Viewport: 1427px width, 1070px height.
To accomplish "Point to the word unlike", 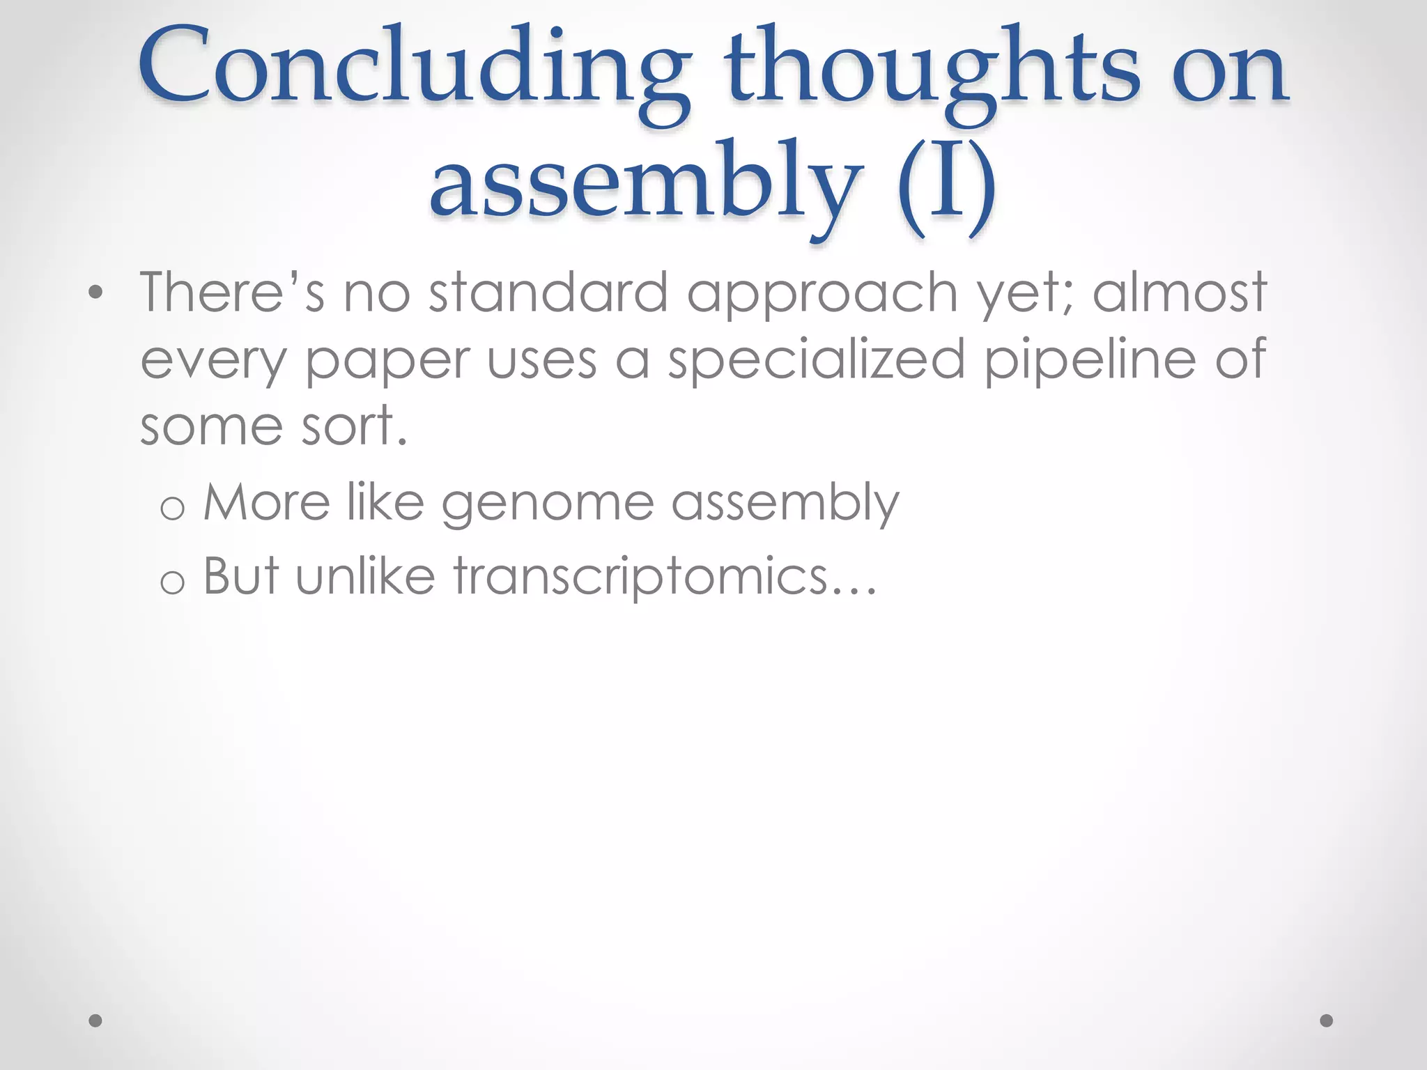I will pos(366,576).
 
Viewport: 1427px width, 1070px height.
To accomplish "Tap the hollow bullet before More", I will pos(172,508).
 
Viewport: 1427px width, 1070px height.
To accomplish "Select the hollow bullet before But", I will pos(172,582).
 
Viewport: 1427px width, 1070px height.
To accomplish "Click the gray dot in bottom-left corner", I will pos(96,1021).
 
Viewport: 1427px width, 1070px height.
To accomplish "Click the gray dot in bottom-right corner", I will pos(1327,1021).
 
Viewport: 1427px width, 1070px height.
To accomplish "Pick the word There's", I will pos(232,293).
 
